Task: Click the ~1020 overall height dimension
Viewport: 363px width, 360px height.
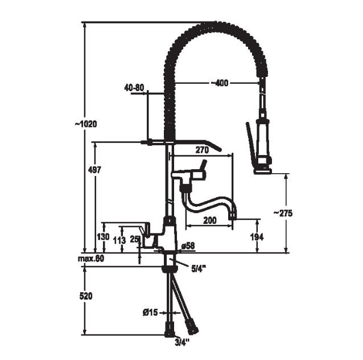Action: coord(86,124)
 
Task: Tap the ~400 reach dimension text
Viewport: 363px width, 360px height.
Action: coord(219,83)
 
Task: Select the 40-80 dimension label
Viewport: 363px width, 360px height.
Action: coord(134,88)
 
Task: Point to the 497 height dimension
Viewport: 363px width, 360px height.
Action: coord(94,170)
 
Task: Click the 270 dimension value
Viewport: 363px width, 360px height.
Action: coord(202,150)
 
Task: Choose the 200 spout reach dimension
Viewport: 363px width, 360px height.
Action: coord(210,220)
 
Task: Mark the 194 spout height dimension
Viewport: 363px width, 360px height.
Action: coord(257,237)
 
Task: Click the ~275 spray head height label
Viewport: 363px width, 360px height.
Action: coord(283,213)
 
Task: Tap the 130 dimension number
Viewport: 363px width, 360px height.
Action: coord(103,237)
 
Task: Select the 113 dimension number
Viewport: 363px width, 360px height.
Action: coord(119,240)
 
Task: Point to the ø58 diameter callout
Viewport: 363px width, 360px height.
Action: coord(188,246)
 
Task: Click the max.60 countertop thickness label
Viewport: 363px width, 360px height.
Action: coord(91,259)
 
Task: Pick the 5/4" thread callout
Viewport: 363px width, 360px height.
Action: coord(199,268)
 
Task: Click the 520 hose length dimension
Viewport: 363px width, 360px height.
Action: coord(86,296)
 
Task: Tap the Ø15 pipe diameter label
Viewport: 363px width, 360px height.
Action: coord(150,313)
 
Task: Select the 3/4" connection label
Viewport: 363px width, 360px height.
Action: coord(182,341)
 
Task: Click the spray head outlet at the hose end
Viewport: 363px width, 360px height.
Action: coord(263,171)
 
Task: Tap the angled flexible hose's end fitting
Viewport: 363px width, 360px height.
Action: coord(192,327)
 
